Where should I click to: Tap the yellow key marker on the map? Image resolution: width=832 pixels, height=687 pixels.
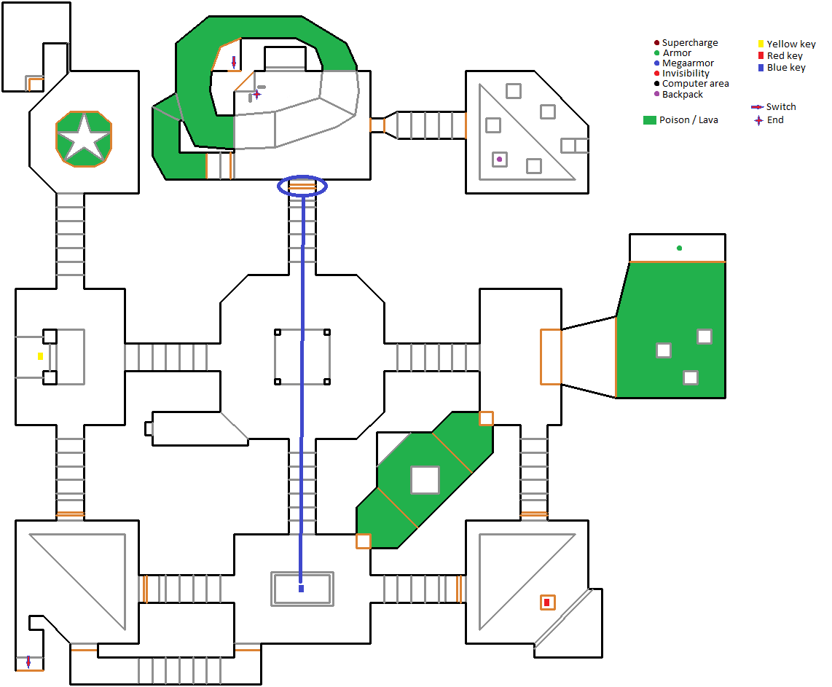[41, 356]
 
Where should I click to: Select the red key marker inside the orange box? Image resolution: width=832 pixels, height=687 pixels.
[546, 602]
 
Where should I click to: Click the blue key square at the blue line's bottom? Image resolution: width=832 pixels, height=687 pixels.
[301, 588]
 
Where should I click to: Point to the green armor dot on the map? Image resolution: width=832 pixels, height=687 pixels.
[679, 248]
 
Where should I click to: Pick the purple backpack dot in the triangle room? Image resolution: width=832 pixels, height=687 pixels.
[499, 159]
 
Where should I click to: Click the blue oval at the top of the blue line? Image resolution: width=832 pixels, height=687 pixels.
[303, 187]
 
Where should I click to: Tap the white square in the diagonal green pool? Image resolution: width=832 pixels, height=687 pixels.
[425, 480]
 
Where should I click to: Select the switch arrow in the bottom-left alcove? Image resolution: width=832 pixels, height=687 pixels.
[28, 662]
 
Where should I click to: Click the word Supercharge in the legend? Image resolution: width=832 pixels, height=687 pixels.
[690, 43]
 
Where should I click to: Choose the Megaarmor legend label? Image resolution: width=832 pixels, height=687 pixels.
[688, 63]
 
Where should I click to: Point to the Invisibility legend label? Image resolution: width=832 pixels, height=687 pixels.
[686, 74]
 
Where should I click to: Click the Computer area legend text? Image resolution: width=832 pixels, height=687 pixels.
[695, 84]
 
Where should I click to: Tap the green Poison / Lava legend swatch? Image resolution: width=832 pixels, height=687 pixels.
[650, 120]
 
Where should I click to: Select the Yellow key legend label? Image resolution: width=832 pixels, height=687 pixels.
[791, 44]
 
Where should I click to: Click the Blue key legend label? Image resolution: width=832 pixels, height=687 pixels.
[786, 68]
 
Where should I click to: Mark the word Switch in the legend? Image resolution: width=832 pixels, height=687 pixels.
[781, 107]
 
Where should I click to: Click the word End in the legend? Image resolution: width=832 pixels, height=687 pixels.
[775, 120]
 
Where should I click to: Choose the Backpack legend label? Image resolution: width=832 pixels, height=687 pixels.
[683, 95]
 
